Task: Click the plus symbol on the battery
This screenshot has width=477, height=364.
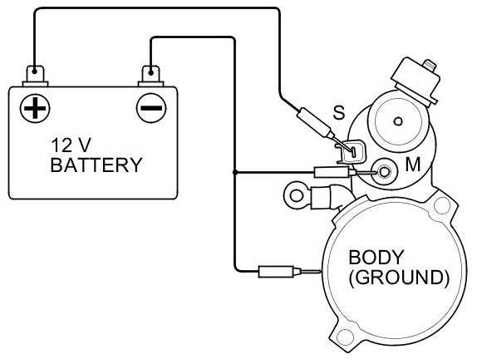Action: point(35,108)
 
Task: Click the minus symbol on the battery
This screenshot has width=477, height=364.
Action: point(151,108)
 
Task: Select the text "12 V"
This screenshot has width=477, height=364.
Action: point(71,145)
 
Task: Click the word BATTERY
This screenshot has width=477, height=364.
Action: point(96,165)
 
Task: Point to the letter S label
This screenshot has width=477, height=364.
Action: point(338,112)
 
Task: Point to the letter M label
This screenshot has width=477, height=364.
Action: point(413,165)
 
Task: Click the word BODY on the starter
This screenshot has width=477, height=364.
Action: point(376,257)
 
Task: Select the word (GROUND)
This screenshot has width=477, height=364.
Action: point(399,278)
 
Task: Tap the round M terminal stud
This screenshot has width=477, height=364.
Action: point(384,172)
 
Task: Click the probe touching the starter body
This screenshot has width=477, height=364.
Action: point(289,272)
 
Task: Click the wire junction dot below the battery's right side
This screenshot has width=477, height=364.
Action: point(234,173)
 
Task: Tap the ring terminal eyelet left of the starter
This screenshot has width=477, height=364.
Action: point(297,194)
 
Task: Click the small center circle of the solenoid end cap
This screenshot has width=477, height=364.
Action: point(398,121)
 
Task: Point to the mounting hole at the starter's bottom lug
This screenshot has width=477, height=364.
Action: point(344,337)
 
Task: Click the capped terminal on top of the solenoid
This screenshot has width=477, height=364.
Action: point(416,79)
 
